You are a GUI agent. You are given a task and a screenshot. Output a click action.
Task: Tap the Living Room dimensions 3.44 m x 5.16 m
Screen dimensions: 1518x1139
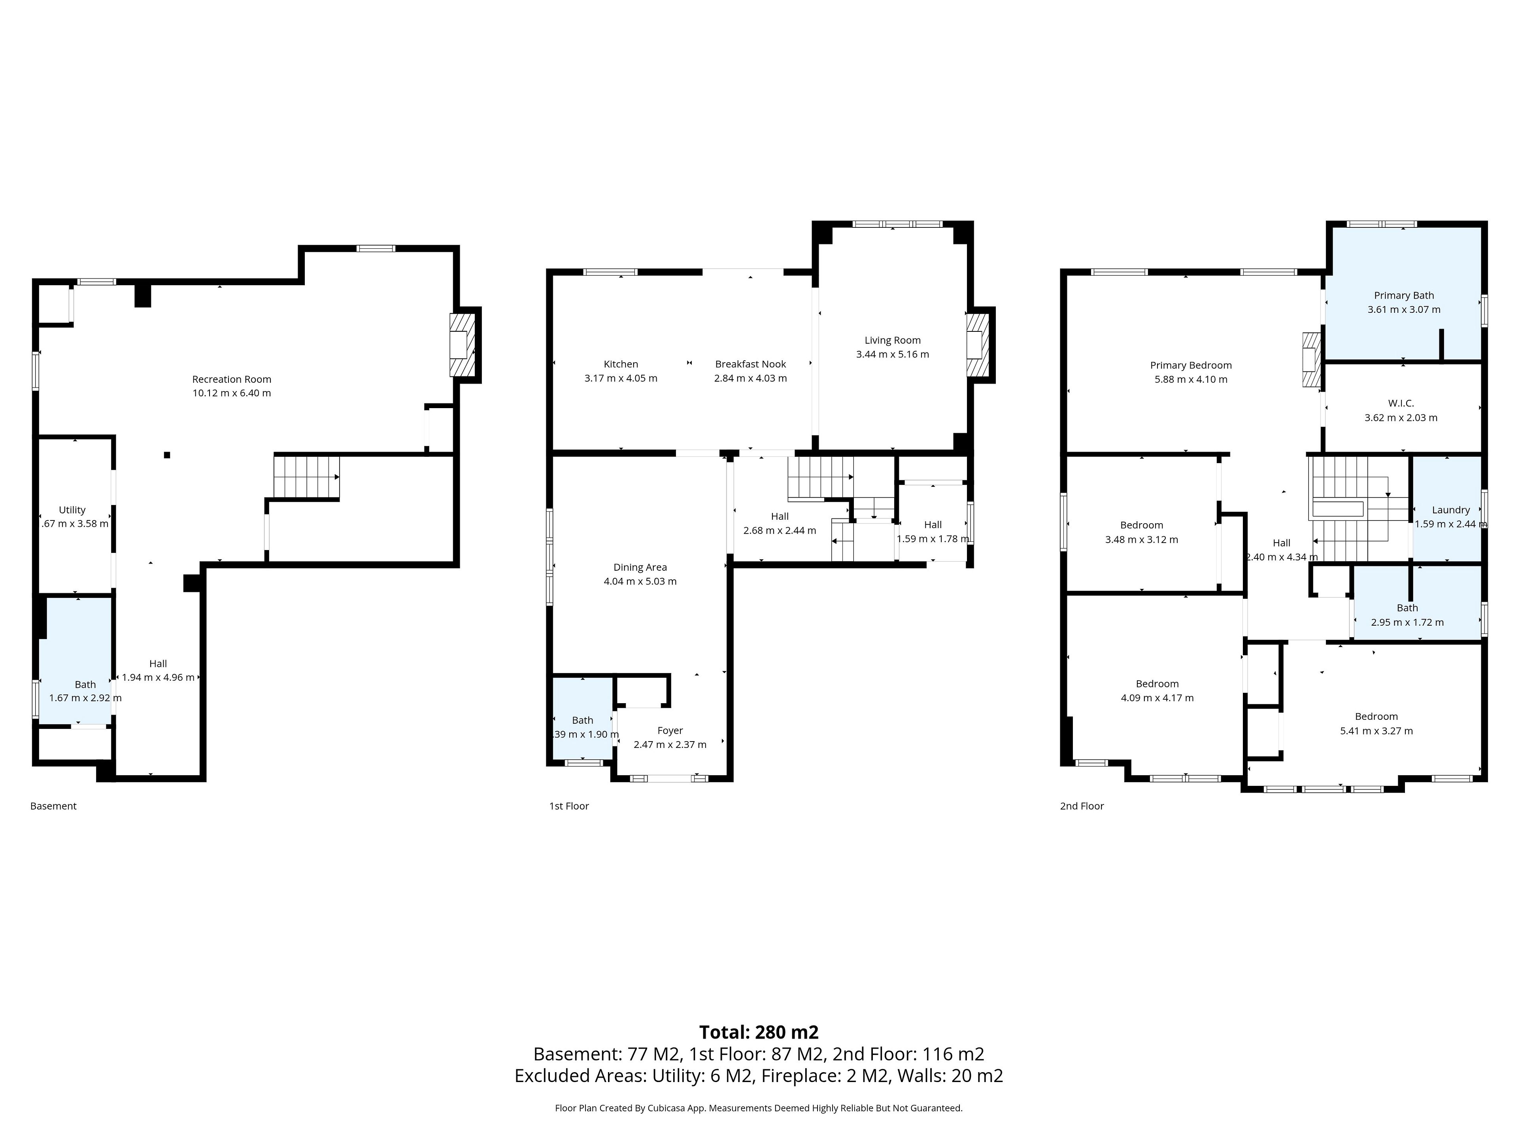(x=892, y=354)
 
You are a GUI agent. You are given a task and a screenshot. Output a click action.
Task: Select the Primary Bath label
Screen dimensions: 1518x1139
(x=1403, y=295)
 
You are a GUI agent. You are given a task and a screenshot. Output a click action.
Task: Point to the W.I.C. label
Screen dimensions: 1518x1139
(x=1401, y=403)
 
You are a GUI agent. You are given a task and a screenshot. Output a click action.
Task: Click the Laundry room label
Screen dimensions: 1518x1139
(x=1451, y=509)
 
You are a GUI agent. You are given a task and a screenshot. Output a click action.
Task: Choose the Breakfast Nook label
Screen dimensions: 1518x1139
(x=750, y=364)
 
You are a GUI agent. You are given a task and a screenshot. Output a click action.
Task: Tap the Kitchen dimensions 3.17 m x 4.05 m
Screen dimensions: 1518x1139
(x=620, y=378)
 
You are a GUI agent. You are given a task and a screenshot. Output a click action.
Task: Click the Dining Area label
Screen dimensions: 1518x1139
(x=640, y=567)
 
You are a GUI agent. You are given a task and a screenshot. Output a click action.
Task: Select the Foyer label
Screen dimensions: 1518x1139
(x=670, y=730)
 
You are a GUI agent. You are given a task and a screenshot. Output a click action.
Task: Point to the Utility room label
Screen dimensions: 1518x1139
(x=72, y=509)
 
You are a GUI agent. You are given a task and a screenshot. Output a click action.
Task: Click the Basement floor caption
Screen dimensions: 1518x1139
(x=53, y=806)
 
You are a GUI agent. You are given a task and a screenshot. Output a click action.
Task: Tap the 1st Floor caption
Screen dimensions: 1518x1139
(x=569, y=806)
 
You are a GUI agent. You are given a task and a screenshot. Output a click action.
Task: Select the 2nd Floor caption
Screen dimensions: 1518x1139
(x=1082, y=806)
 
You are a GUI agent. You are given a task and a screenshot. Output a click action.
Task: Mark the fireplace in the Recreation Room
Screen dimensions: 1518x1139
(x=462, y=344)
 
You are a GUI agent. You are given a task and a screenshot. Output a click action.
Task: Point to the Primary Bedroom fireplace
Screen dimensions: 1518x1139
(x=1311, y=360)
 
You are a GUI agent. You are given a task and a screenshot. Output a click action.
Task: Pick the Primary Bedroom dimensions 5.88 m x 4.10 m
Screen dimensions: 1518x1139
(x=1191, y=379)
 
